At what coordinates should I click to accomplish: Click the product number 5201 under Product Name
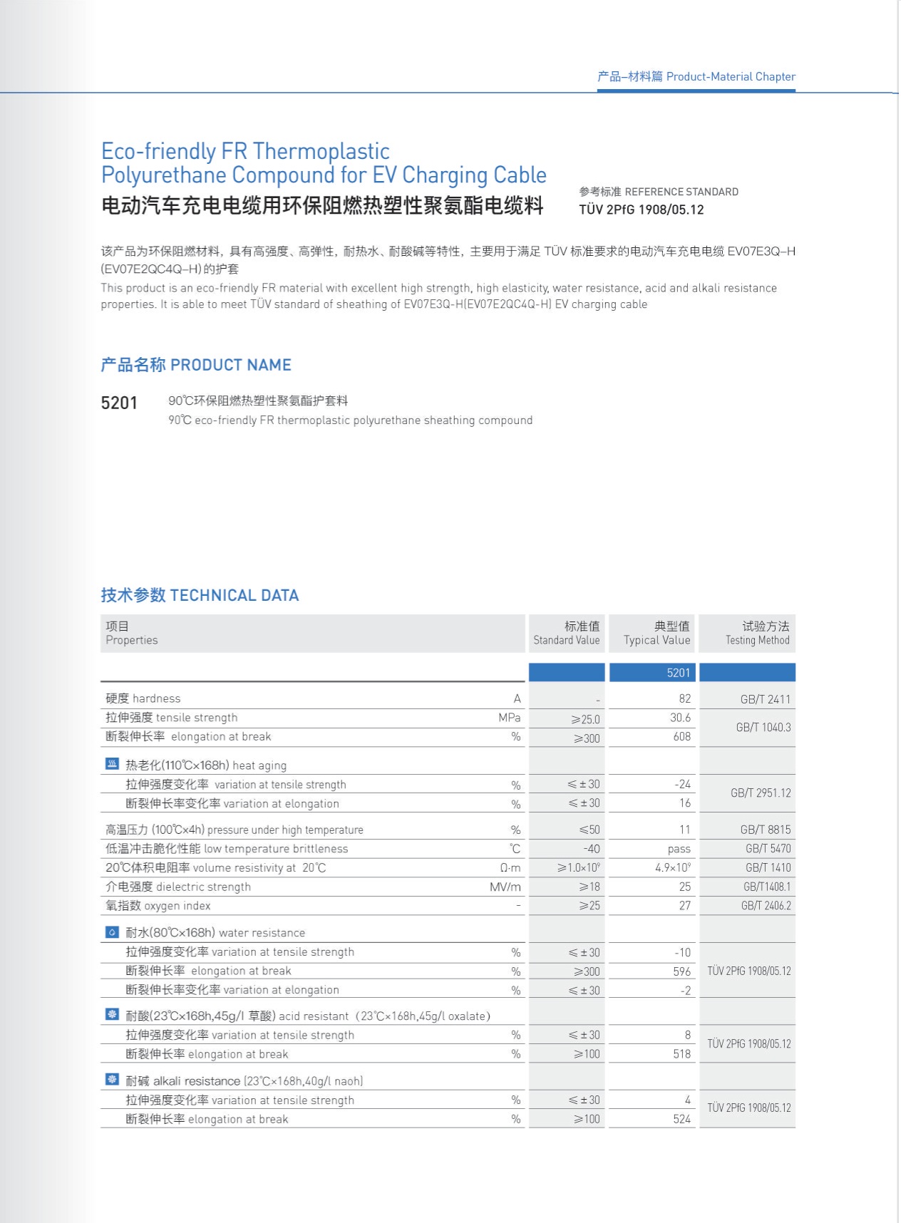coord(119,403)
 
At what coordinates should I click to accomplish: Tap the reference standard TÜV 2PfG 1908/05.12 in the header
coord(641,210)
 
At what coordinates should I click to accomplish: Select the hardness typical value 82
coord(684,699)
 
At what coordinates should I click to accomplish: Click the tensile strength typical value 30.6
coord(680,718)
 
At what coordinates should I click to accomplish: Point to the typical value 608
coord(681,737)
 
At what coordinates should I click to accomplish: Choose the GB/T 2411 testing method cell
coord(765,699)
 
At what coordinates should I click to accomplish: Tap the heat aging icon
coord(112,765)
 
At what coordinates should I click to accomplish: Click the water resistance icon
coord(112,932)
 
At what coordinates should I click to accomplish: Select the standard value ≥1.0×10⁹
coord(579,868)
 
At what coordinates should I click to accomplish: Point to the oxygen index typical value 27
coord(684,906)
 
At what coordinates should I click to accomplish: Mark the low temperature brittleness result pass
coord(679,849)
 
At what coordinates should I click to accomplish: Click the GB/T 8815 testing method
coord(765,830)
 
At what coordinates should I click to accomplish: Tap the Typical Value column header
coord(657,633)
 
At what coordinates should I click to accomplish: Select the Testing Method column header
coord(757,633)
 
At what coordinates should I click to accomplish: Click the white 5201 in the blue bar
coord(678,673)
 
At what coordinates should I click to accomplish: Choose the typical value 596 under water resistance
coord(681,971)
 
